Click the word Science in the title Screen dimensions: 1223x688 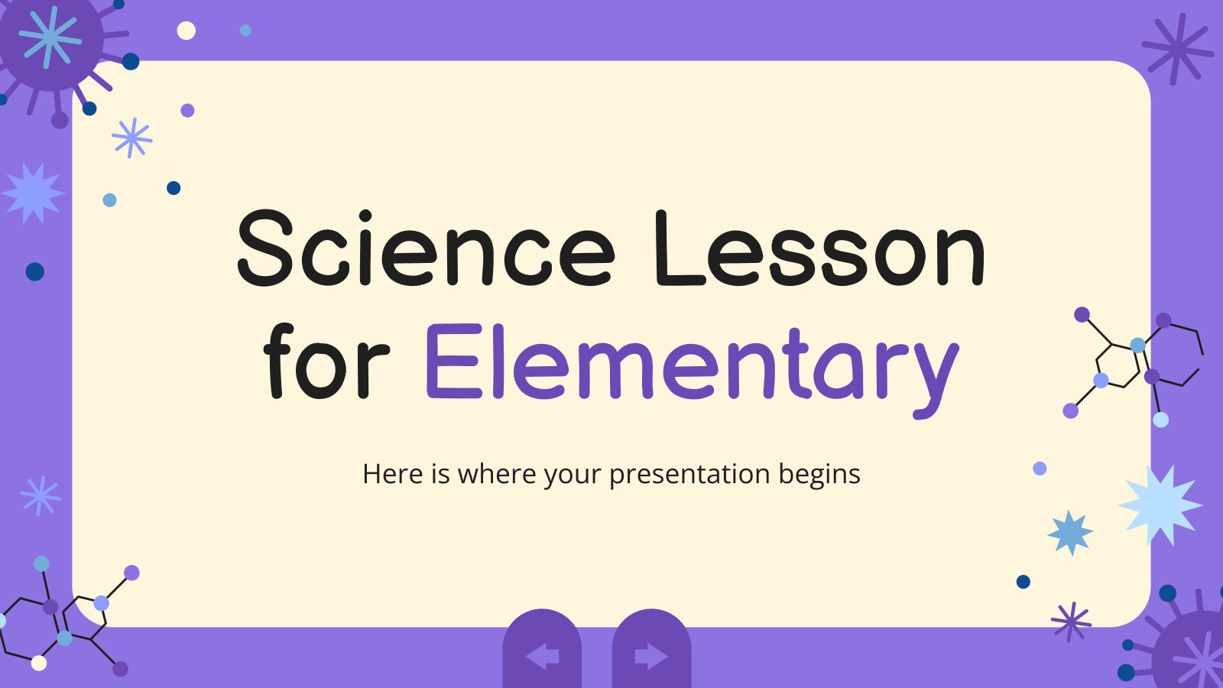427,248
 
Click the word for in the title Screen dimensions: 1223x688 326,360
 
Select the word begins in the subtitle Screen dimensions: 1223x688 819,475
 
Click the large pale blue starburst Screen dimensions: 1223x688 1161,505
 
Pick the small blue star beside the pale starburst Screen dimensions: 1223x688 1070,533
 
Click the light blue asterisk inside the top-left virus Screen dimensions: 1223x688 50,37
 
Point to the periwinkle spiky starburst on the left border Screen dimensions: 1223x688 33,193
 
